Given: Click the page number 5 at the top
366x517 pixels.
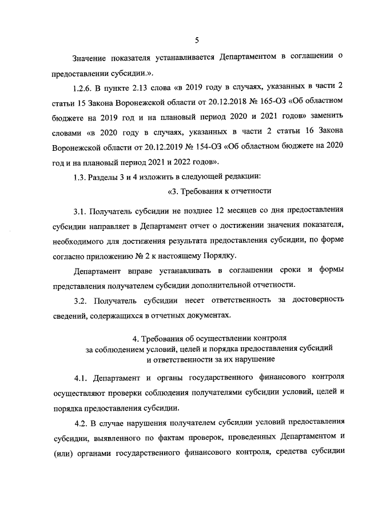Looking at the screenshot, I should pyautogui.click(x=196, y=40).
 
